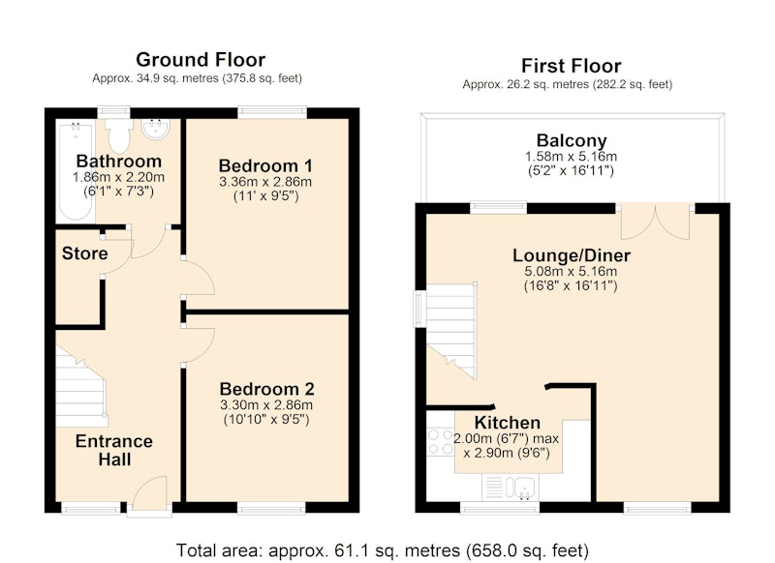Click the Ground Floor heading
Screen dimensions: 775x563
[201, 60]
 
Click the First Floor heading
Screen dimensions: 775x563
[571, 66]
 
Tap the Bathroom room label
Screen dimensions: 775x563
[118, 162]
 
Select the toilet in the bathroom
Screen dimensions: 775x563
[119, 134]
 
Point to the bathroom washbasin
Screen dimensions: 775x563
[156, 128]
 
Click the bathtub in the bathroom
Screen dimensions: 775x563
[77, 171]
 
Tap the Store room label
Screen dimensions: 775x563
[84, 253]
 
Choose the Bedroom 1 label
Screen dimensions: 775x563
[265, 165]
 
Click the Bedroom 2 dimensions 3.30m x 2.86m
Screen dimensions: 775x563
[266, 405]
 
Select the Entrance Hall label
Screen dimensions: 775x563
[114, 450]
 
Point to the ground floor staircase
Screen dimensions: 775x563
[80, 387]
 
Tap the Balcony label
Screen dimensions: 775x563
[572, 140]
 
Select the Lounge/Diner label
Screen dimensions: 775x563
[572, 255]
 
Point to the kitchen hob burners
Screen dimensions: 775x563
[441, 442]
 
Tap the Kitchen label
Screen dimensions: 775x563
[507, 423]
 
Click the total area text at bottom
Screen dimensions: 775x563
[383, 550]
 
